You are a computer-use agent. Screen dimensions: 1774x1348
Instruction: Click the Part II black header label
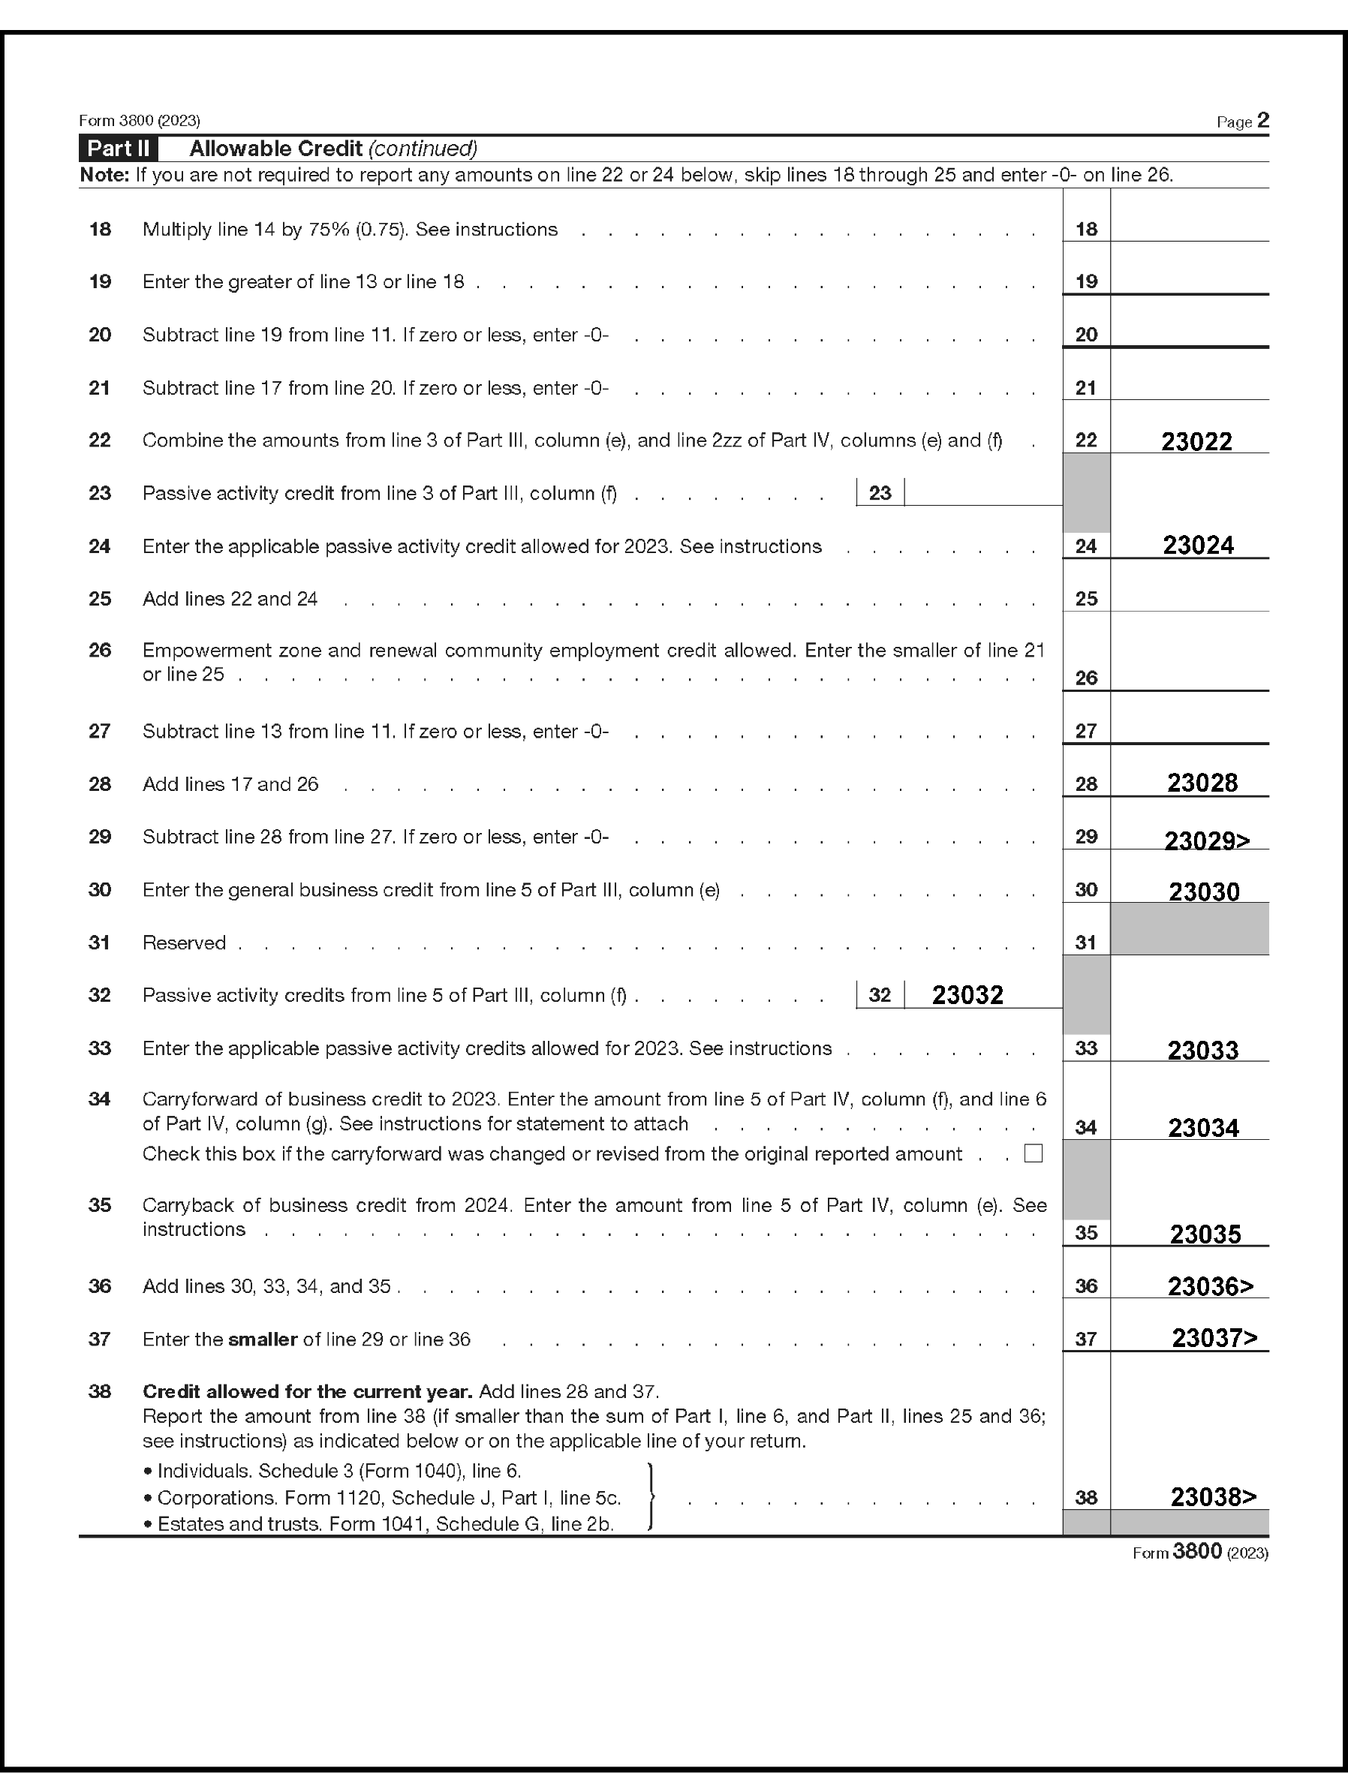118,149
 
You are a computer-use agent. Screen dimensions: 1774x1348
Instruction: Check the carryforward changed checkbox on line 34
1034,1154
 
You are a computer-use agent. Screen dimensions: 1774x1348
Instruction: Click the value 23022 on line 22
1196,441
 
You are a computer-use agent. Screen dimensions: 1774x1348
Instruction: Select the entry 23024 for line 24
1198,546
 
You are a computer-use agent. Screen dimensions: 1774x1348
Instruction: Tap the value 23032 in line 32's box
967,995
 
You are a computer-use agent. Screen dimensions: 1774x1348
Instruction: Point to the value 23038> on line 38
1213,1497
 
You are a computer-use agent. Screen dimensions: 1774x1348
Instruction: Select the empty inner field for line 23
982,492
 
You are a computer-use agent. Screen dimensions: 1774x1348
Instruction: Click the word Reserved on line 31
184,943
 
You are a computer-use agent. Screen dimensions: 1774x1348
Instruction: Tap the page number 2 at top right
1263,120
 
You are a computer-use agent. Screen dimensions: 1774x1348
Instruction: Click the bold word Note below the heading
104,175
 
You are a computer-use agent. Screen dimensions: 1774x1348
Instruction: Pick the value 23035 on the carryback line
1205,1234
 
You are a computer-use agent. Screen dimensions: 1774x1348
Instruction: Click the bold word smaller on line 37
263,1339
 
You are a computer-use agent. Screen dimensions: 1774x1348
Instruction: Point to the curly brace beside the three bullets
651,1497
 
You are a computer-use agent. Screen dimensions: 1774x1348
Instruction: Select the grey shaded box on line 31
1189,929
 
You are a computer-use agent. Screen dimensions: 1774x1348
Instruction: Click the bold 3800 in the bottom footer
1196,1551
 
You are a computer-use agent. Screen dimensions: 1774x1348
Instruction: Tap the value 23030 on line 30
1204,892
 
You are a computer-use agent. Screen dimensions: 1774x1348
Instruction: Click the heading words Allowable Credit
275,149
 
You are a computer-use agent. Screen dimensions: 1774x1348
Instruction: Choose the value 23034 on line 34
1204,1128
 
